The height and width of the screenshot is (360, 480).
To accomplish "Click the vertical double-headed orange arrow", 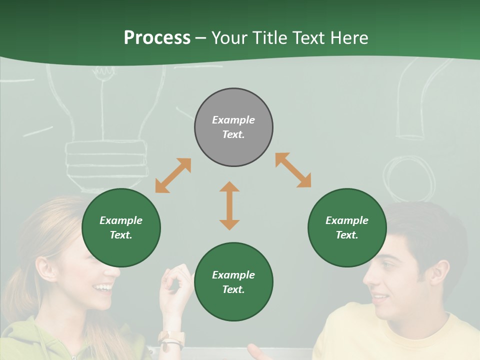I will (x=229, y=205).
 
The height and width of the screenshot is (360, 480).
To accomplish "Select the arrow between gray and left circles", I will (x=173, y=175).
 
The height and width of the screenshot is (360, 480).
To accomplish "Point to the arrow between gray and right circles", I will (x=293, y=170).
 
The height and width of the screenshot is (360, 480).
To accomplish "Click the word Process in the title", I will (x=157, y=37).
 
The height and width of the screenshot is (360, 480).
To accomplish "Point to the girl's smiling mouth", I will (x=104, y=287).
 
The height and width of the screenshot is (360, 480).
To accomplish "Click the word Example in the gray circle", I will (x=233, y=120).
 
